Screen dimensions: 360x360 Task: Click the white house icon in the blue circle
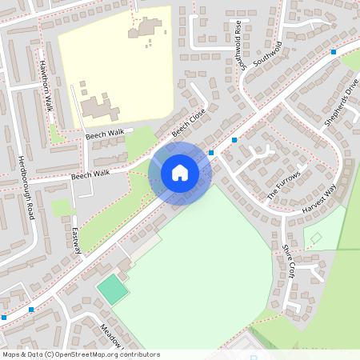click(180, 172)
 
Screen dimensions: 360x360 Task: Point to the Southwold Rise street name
click(238, 46)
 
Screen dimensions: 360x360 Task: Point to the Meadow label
click(111, 334)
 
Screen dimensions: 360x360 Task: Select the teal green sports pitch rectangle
click(113, 289)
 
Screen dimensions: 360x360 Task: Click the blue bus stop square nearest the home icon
click(211, 152)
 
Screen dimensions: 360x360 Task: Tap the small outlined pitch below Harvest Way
click(316, 238)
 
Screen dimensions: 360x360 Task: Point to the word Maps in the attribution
click(11, 354)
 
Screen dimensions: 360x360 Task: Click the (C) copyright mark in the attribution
click(50, 354)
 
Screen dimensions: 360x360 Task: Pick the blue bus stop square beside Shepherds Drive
click(334, 52)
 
